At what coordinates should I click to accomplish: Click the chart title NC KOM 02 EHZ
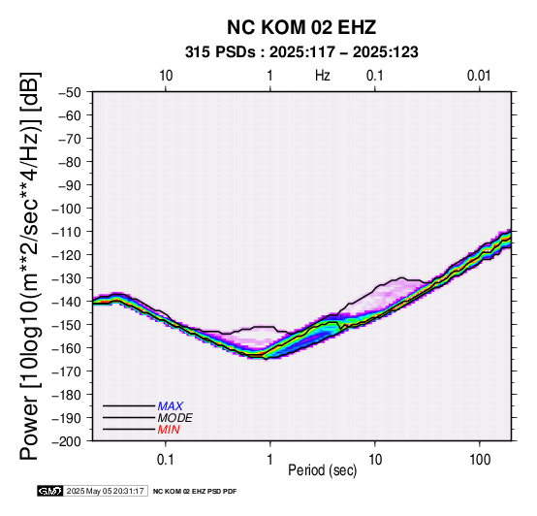301,27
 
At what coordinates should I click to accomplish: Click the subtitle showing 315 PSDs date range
301,52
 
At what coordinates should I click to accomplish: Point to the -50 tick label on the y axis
70,92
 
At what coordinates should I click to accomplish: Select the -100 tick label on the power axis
67,209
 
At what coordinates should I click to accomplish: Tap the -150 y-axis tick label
67,325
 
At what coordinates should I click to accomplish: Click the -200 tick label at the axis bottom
67,441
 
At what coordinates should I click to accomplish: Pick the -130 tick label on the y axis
67,278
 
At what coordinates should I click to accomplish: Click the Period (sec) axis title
322,470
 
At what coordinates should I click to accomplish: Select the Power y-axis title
30,266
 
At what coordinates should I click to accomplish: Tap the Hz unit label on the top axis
322,76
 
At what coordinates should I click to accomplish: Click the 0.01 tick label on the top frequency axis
479,76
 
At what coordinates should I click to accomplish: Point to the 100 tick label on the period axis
480,460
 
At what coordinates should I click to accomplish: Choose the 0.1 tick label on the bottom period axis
166,460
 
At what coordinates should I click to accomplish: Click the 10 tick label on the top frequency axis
166,76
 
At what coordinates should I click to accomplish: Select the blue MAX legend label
171,406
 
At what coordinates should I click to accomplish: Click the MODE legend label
175,418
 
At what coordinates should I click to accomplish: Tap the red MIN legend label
169,430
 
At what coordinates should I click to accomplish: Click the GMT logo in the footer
50,491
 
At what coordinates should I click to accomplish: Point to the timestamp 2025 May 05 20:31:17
105,491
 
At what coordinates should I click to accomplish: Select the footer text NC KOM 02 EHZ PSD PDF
195,492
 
